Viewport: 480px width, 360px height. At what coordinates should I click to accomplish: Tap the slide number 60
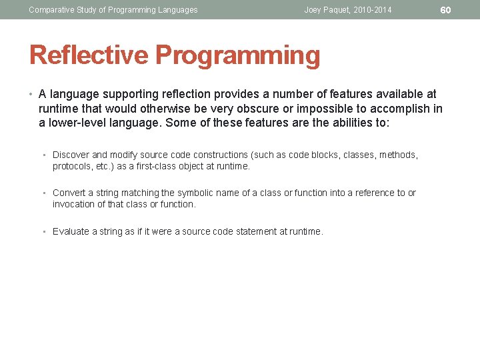click(x=446, y=9)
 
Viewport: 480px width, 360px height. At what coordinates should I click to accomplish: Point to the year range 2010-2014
click(x=373, y=9)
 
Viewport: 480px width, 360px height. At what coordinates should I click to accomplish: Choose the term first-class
click(x=156, y=166)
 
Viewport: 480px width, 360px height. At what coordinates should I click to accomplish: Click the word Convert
click(x=69, y=193)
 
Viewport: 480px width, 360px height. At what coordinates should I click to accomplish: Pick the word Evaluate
click(x=71, y=231)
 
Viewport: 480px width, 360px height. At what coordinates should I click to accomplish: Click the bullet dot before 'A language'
click(x=31, y=95)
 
